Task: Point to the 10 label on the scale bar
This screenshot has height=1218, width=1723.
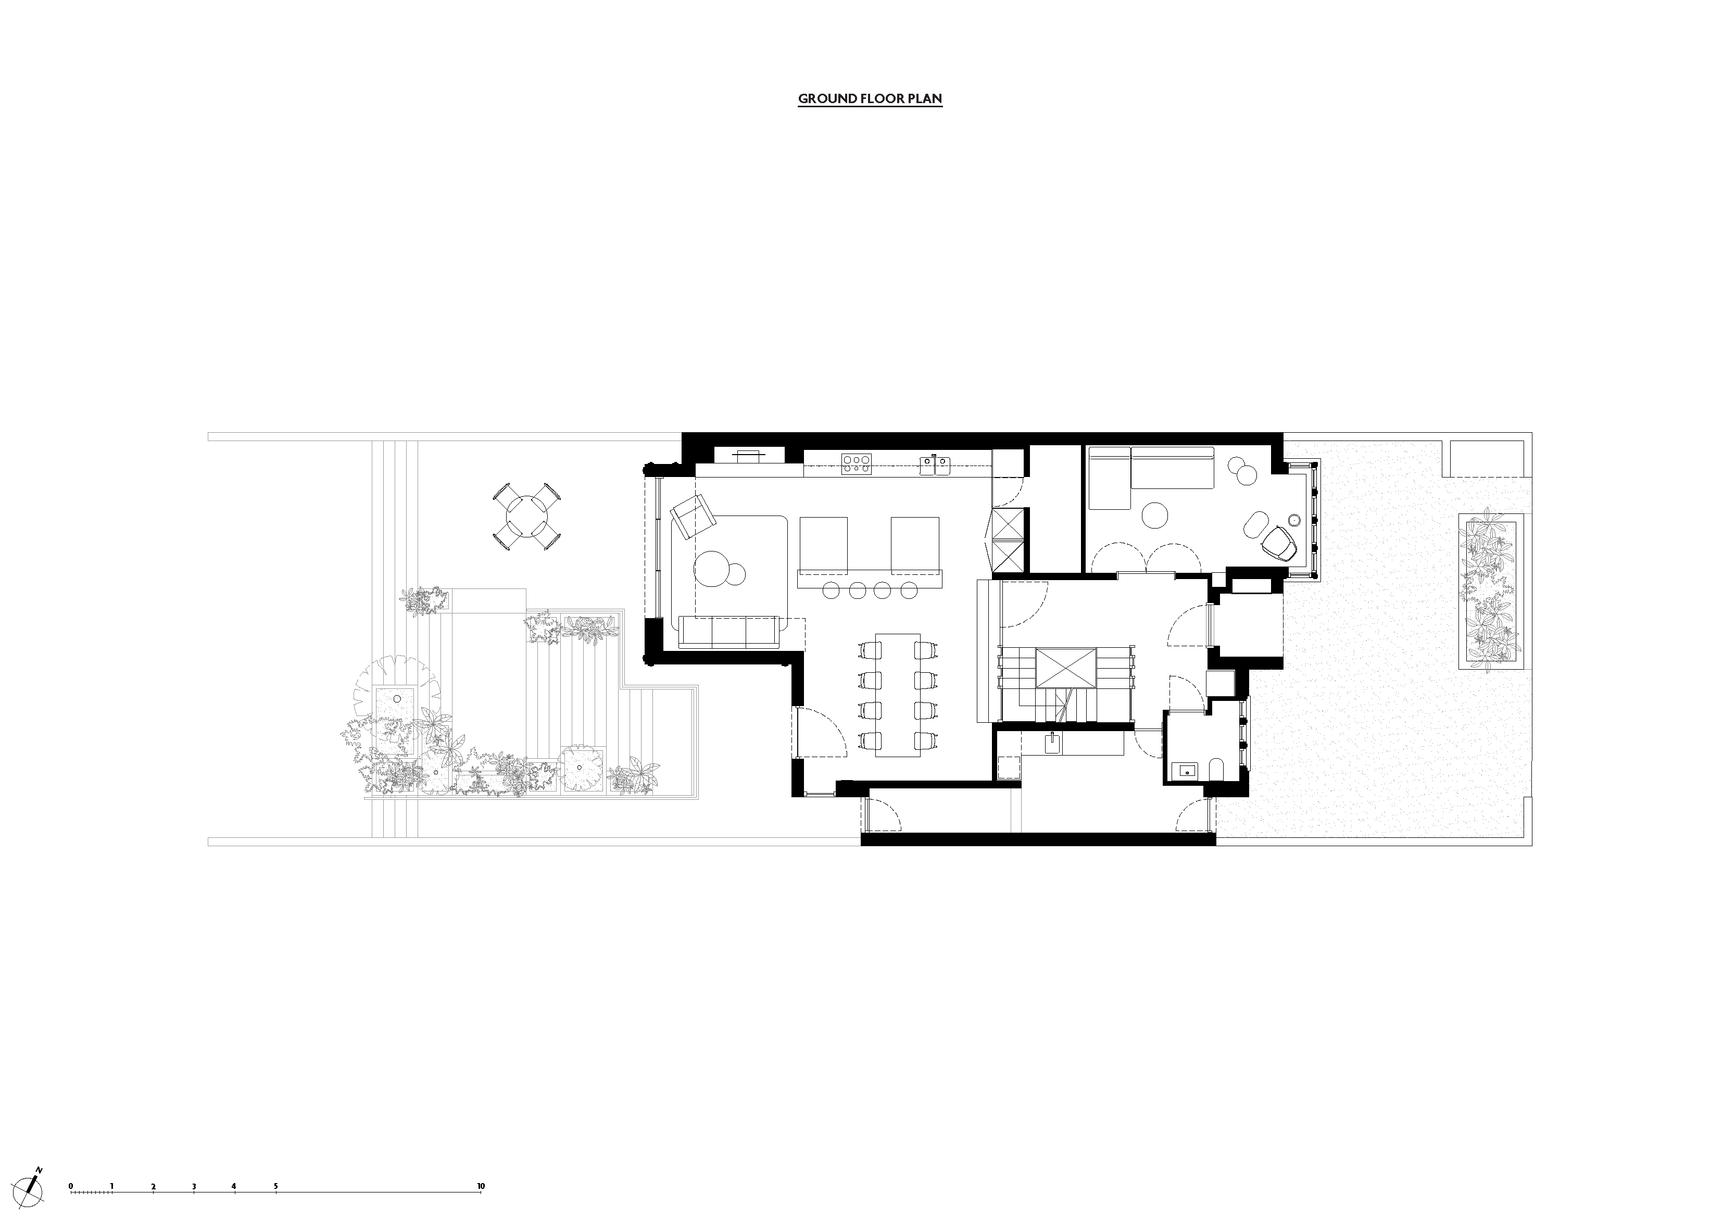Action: pos(480,1165)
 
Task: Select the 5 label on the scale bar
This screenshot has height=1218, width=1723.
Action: pos(275,1165)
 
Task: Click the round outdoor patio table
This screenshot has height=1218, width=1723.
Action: pos(526,517)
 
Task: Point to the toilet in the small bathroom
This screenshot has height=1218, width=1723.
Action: pos(1216,769)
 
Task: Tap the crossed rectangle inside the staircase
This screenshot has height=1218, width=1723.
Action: pos(1065,668)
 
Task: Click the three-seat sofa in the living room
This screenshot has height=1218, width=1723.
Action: pos(728,632)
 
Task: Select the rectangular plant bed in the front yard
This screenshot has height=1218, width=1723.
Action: pos(1490,592)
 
